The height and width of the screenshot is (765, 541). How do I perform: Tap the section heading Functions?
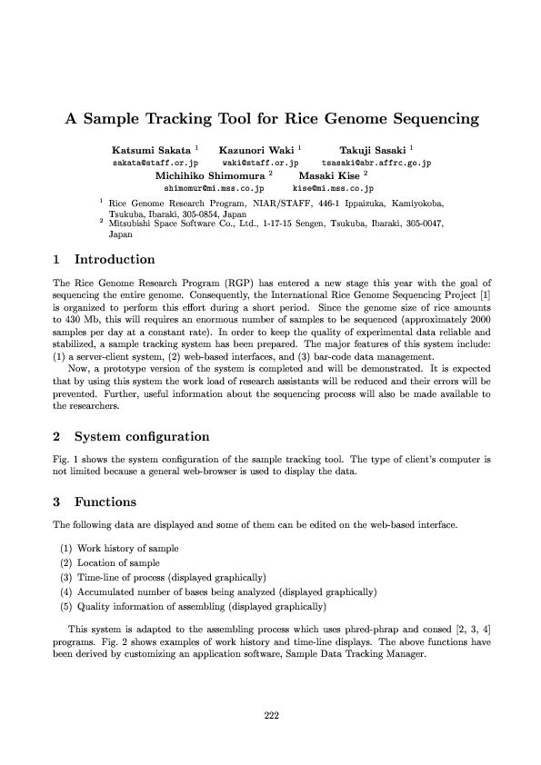(x=105, y=502)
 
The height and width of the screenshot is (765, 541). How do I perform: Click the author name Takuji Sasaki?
(x=372, y=149)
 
